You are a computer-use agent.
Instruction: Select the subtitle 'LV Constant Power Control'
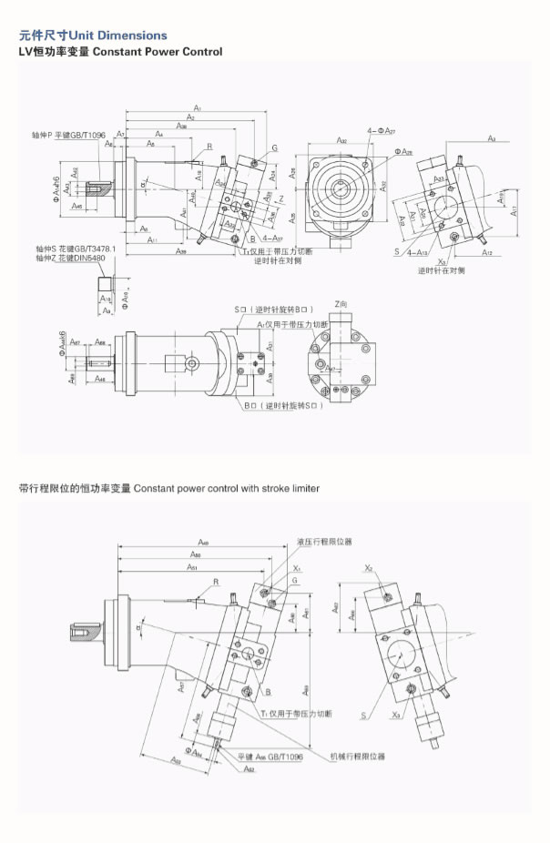[120, 52]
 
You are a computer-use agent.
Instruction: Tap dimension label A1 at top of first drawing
[197, 109]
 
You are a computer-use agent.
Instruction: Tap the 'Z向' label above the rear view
[341, 303]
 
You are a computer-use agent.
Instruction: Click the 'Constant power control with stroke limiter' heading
[169, 489]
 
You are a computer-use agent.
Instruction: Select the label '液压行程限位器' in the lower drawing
[324, 542]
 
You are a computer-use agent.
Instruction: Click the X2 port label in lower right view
[369, 567]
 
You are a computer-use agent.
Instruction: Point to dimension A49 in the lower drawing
[203, 542]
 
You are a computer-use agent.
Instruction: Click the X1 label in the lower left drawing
[297, 567]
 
